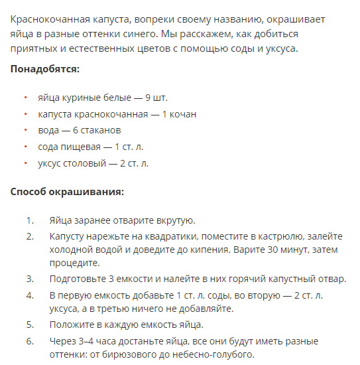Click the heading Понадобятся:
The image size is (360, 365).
pyautogui.click(x=45, y=69)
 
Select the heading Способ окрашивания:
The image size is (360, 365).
pyautogui.click(x=68, y=192)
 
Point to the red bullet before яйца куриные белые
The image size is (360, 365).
pyautogui.click(x=25, y=98)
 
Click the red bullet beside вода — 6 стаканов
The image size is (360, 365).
pyautogui.click(x=25, y=130)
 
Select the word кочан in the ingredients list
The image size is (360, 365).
pyautogui.click(x=182, y=114)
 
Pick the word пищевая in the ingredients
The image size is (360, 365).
pyautogui.click(x=81, y=146)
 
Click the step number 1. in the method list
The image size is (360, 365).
pyautogui.click(x=29, y=220)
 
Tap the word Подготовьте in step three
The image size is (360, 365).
pyautogui.click(x=76, y=279)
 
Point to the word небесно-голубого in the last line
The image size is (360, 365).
pyautogui.click(x=212, y=354)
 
